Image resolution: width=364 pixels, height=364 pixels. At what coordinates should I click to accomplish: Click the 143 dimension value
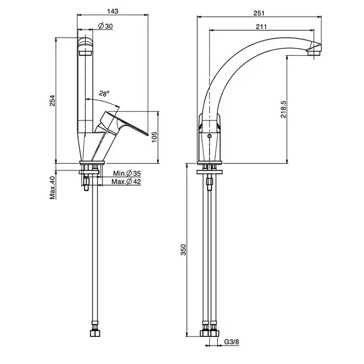pos(113,11)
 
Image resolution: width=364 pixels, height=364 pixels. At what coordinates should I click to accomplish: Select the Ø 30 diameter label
pos(106,26)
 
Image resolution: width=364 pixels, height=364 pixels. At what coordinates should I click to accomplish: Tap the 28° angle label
pos(104,93)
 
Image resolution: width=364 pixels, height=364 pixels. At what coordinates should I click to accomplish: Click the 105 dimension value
pos(154,137)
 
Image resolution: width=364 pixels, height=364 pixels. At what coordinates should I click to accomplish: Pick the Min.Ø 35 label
pos(127,173)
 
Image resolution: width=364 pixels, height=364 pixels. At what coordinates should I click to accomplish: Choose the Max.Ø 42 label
pos(126,181)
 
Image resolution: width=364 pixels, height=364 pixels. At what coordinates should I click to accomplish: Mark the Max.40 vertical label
pos(53,188)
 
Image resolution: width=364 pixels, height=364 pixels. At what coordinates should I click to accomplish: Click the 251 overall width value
pos(259,13)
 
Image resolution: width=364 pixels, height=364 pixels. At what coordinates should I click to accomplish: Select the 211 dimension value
pos(262,27)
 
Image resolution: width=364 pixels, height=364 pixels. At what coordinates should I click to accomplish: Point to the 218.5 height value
pos(283,109)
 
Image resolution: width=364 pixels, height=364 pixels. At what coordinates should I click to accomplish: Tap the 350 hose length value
pos(184,250)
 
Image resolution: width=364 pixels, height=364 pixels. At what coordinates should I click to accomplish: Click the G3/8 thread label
pos(231,342)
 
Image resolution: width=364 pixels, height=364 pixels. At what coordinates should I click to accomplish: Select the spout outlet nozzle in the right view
pos(314,53)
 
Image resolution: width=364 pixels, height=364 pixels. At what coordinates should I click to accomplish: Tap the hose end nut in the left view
pos(95,333)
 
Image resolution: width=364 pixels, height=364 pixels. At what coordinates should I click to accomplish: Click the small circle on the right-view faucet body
pos(210,136)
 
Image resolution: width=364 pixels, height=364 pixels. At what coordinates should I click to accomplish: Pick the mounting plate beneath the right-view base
pos(210,172)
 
